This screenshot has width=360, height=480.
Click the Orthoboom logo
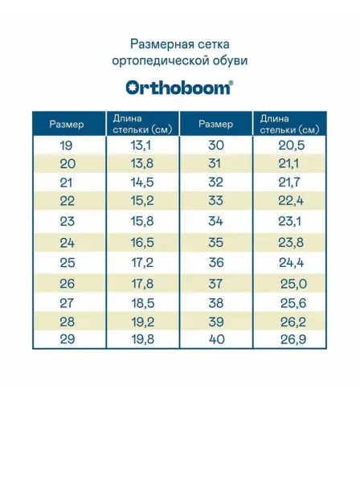point(179,88)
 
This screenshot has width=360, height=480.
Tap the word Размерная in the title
point(158,44)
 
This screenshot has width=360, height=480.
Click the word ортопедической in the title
point(161,61)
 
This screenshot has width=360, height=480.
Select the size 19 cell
point(66,145)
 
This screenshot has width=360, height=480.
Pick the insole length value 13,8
point(142,163)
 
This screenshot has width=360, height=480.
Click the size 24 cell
point(67,243)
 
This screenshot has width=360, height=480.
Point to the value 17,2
point(142,263)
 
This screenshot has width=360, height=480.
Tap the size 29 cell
point(67,339)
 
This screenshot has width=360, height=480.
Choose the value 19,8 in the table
point(142,339)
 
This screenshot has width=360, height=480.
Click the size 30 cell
point(216,145)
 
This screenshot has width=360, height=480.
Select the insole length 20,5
point(292,145)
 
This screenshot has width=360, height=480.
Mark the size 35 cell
point(216,243)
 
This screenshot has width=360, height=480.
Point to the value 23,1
point(289,221)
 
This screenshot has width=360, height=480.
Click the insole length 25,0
point(293,284)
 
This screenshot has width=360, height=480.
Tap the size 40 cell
point(216,339)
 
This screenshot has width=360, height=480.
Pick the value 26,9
point(293,339)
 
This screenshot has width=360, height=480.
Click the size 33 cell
point(215,201)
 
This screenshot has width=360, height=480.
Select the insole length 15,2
point(142,201)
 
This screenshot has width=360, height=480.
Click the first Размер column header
point(67,125)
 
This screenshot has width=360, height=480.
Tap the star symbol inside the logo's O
point(132,88)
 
